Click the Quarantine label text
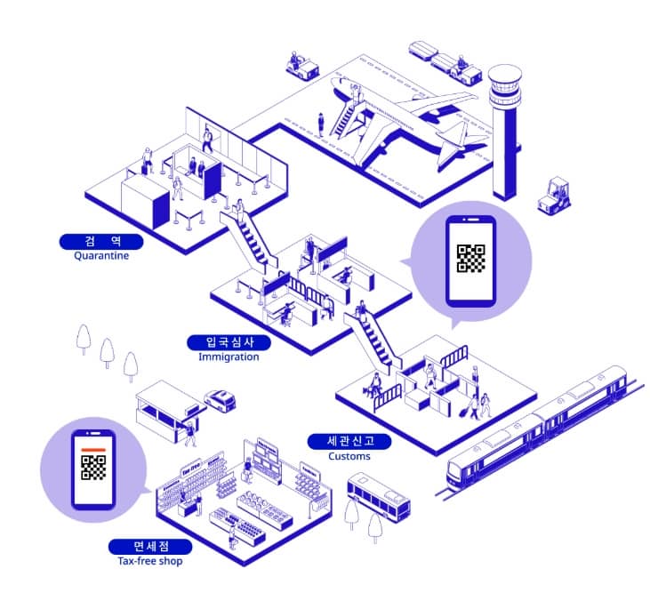[x=101, y=256]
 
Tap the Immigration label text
[x=229, y=357]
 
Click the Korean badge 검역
[x=101, y=241]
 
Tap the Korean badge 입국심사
[x=229, y=342]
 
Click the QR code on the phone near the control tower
[x=470, y=258]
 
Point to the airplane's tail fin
[x=453, y=142]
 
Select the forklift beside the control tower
[x=556, y=195]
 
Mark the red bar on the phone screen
[x=92, y=451]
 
